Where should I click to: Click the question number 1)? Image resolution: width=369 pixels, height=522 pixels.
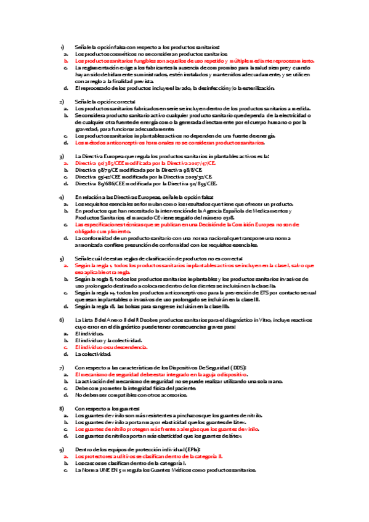tap(62, 47)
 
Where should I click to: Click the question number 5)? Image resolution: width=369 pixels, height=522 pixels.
tap(62, 259)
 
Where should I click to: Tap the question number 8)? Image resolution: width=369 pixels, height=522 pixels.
tap(62, 409)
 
